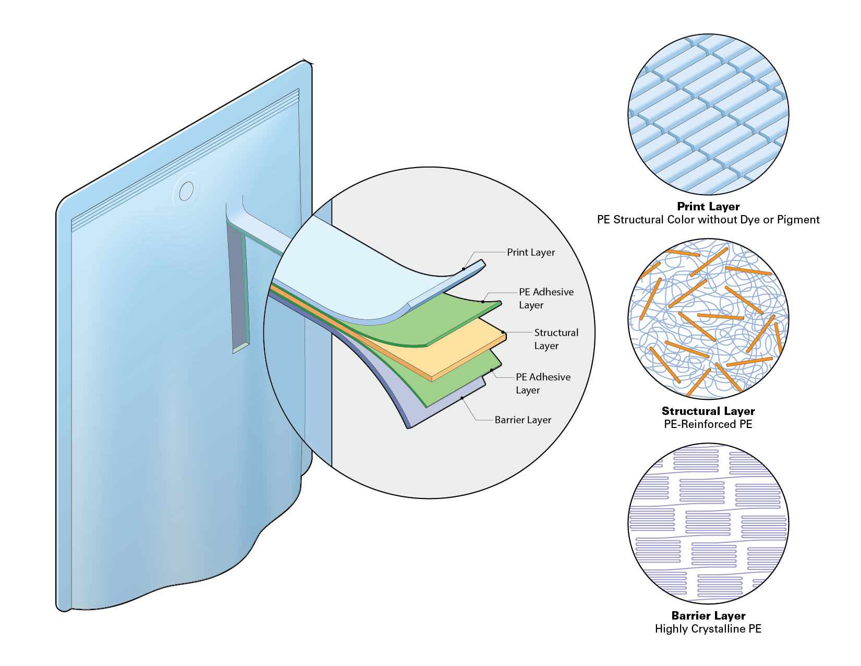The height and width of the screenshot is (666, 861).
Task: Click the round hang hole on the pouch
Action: click(186, 192)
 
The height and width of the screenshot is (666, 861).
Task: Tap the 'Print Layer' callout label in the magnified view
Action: click(531, 252)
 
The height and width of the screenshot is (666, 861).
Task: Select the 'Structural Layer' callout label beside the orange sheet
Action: click(556, 339)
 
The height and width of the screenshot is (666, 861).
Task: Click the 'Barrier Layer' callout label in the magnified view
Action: click(523, 420)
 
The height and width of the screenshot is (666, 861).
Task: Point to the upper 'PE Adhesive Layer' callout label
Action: click(546, 298)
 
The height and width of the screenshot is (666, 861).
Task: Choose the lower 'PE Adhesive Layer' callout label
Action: click(543, 383)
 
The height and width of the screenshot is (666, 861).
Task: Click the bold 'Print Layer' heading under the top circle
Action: click(708, 207)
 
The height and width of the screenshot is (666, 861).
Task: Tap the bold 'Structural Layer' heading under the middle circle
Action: click(708, 411)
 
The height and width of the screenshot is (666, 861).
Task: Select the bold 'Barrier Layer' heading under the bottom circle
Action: click(708, 616)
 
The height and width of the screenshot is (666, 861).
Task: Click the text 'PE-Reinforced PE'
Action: click(708, 424)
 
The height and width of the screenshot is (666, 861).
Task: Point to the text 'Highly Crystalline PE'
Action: click(708, 629)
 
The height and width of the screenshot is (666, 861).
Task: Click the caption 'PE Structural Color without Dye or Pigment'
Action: click(708, 220)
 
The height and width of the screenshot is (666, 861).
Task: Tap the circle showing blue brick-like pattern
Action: click(708, 115)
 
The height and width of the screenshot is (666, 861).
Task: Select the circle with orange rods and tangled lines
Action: click(708, 319)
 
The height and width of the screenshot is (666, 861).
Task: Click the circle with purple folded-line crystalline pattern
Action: click(708, 524)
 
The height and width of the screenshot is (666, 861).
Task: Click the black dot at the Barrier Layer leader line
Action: click(462, 398)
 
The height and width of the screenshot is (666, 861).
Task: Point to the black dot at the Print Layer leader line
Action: click(464, 269)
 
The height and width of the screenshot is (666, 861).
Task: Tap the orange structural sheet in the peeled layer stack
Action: click(468, 347)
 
